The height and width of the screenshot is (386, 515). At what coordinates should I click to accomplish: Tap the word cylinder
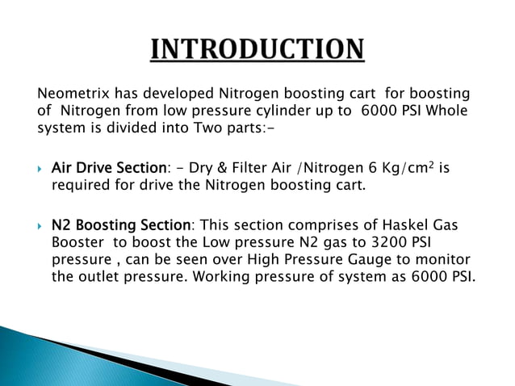click(x=275, y=111)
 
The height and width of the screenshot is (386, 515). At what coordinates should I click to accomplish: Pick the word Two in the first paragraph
click(x=203, y=128)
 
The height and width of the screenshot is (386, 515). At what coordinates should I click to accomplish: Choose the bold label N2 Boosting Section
click(x=121, y=224)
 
